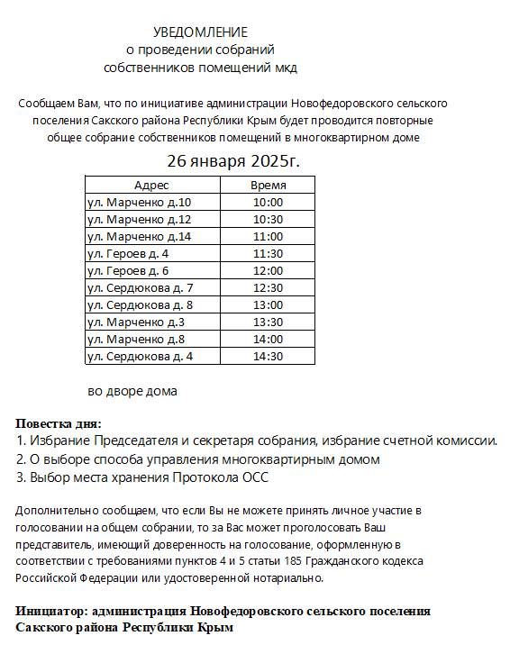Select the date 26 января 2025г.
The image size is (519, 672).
233,161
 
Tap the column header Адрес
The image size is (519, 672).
151,185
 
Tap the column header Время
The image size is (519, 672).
269,185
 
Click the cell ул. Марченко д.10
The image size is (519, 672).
139,202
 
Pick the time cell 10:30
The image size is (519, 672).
269,219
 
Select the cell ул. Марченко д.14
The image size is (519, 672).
139,236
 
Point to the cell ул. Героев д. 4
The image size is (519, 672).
127,253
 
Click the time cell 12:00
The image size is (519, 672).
269,270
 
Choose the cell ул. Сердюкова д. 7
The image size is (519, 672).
140,287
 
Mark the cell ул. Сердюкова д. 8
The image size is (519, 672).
140,304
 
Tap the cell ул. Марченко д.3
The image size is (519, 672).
135,322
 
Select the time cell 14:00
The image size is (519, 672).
269,339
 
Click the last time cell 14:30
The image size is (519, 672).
269,356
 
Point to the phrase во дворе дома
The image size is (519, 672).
132,391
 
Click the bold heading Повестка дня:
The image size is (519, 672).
59,423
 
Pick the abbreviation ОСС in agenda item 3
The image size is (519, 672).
257,477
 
